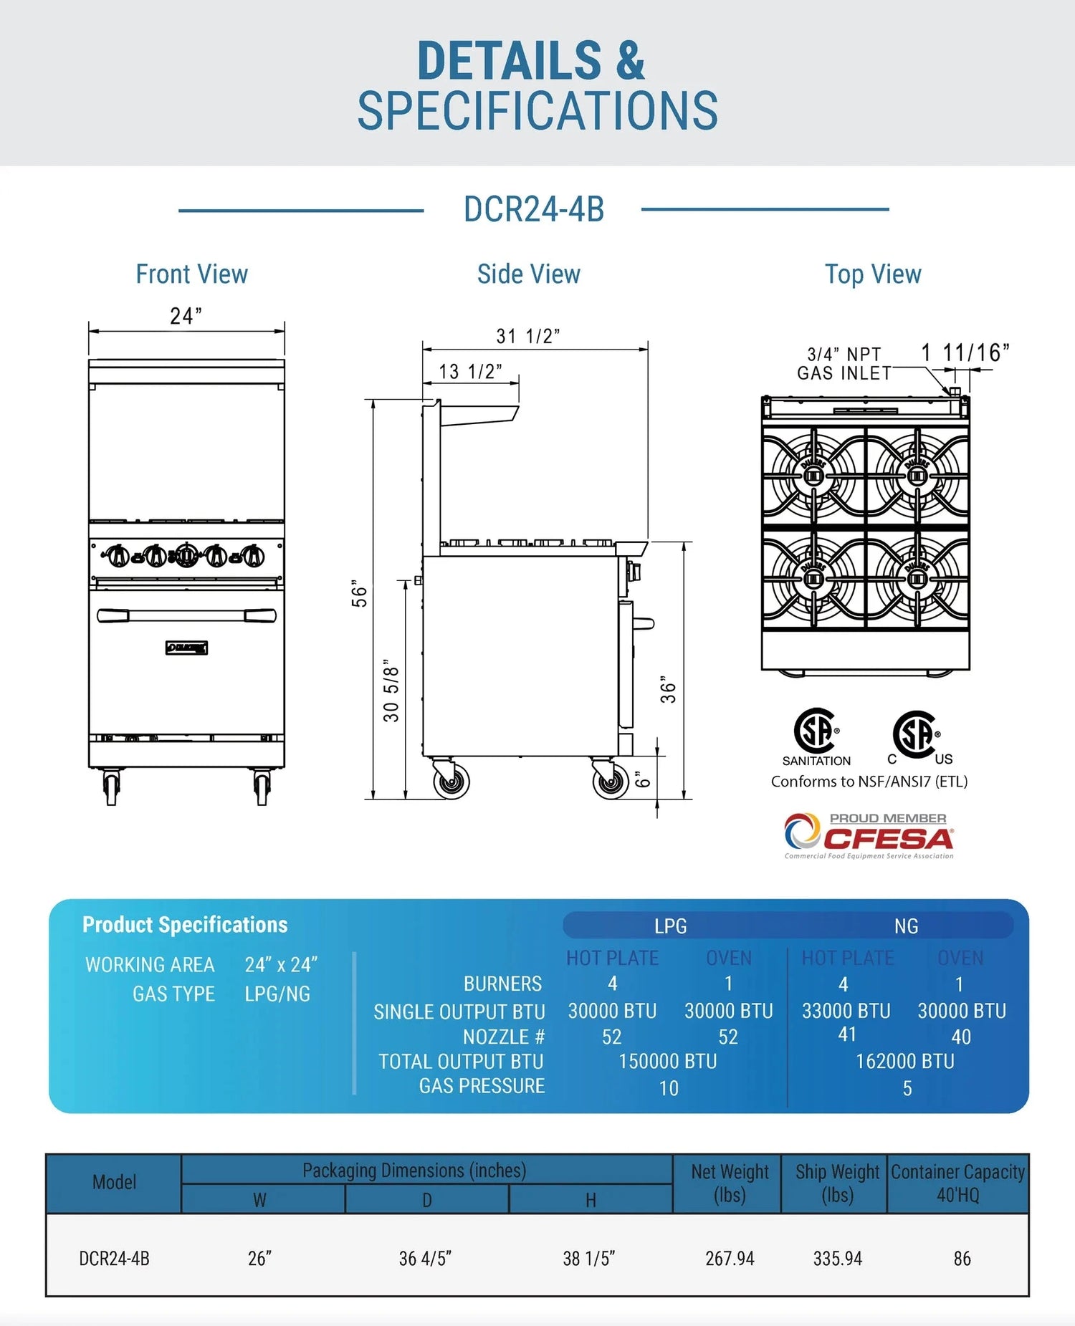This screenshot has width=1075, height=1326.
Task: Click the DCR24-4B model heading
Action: [x=534, y=209]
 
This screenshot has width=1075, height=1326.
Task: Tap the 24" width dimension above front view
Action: [x=186, y=316]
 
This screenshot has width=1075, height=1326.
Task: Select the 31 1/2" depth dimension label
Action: [x=527, y=336]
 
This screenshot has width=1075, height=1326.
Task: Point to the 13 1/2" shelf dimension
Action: [x=470, y=372]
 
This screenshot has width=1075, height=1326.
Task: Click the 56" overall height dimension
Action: [x=359, y=594]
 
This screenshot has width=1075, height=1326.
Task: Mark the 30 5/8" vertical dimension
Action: [x=391, y=691]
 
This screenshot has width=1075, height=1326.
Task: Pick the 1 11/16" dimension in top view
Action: [x=965, y=352]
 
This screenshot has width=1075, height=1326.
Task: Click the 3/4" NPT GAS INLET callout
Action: [x=844, y=364]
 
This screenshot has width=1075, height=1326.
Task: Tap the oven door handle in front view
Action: [x=186, y=615]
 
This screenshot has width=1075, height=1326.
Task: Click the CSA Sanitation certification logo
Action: [x=816, y=737]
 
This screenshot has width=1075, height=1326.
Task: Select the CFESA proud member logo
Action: [x=869, y=835]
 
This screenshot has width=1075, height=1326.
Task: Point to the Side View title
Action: [x=528, y=274]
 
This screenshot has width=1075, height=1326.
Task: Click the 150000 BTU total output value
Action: [x=667, y=1061]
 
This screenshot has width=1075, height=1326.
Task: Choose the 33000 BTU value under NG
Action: [x=846, y=1010]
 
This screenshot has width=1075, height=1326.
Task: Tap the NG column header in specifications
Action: [x=906, y=926]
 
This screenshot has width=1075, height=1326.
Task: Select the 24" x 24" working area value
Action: [x=280, y=965]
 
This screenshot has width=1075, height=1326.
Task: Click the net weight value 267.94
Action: [x=730, y=1258]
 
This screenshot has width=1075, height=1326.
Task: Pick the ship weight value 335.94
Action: [x=837, y=1258]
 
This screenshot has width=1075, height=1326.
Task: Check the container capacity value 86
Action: [x=962, y=1258]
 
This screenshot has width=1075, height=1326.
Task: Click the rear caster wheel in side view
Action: [x=451, y=781]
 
